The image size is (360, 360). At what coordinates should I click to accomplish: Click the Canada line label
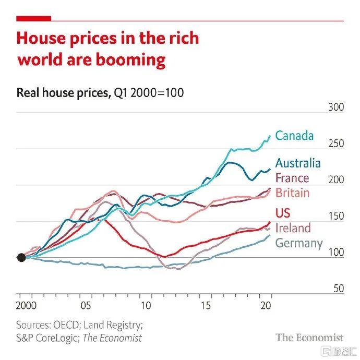tap(294, 136)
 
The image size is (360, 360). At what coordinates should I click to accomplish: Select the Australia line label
tap(298, 163)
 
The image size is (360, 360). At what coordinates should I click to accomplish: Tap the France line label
tap(292, 178)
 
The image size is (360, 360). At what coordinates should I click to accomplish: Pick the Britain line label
tap(292, 193)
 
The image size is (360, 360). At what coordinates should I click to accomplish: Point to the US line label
tap(283, 213)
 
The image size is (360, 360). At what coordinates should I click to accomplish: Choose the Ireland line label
tap(293, 228)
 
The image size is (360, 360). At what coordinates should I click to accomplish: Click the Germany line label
tap(299, 243)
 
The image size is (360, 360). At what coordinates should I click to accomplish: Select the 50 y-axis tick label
tap(339, 288)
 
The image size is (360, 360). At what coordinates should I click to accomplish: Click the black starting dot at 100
tap(21, 257)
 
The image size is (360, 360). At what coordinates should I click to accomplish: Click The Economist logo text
tap(309, 337)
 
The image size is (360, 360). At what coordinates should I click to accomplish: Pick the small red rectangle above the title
tap(34, 19)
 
